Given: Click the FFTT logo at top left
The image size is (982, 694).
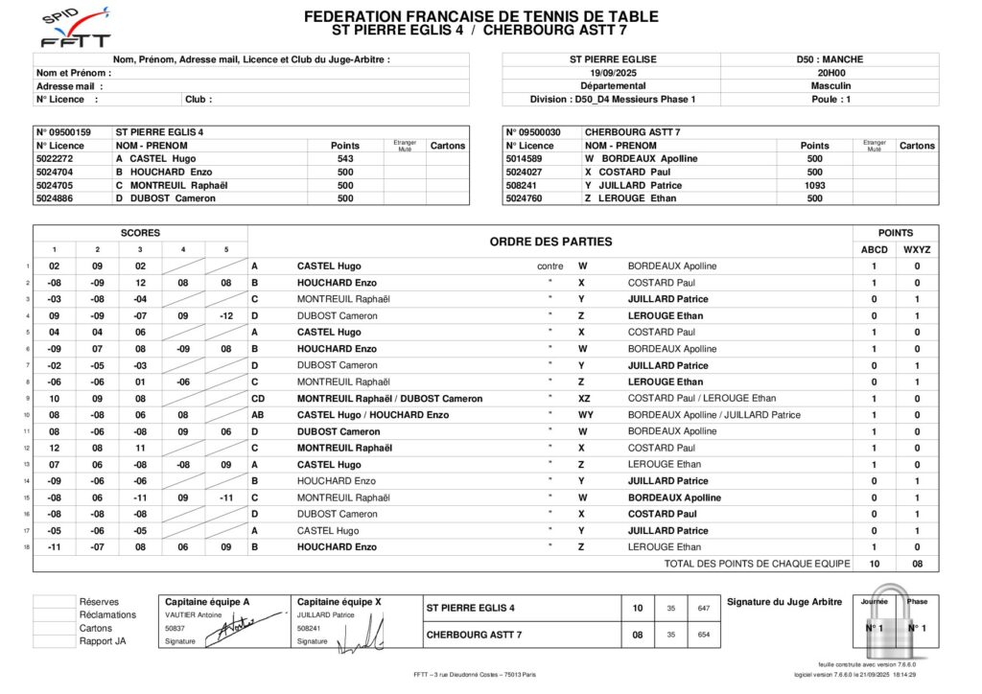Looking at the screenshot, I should (76, 29).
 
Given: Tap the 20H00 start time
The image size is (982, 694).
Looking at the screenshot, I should (830, 72).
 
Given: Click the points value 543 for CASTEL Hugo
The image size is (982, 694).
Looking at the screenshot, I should (345, 159).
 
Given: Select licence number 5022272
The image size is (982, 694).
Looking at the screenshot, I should (55, 159).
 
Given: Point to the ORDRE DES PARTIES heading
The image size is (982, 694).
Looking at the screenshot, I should (550, 242).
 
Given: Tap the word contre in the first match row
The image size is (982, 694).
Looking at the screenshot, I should (550, 266).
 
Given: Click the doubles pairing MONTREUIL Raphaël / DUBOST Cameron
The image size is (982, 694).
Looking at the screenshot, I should (390, 399).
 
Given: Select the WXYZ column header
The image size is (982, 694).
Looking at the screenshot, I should (917, 249).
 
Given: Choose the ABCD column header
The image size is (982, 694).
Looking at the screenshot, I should (874, 249).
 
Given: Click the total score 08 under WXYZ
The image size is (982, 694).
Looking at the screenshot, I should (917, 564).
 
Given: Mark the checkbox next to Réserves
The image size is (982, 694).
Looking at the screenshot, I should (54, 602).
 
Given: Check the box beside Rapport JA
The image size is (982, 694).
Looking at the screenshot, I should (54, 641).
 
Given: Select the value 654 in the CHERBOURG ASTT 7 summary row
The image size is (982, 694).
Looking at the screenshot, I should (704, 635).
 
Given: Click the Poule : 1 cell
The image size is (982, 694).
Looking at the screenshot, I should (830, 99).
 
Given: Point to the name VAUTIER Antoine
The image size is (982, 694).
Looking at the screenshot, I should (194, 615).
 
